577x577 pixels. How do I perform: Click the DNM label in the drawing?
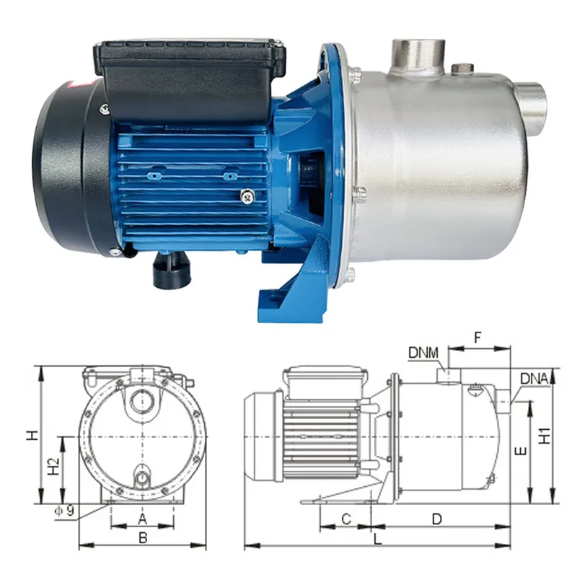423,353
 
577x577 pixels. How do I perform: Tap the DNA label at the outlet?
534,379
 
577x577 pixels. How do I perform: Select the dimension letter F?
477,338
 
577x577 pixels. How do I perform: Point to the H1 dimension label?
545,436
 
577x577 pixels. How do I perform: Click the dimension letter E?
521,451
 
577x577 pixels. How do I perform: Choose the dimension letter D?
437,519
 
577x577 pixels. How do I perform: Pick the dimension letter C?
346,519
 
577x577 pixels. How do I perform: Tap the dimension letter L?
377,539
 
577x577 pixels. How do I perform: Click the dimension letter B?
143,538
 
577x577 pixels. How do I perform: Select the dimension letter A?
142,519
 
